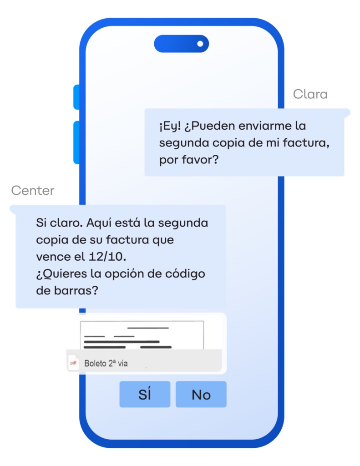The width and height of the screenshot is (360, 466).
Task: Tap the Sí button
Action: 145,394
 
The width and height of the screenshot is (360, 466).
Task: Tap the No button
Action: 201,394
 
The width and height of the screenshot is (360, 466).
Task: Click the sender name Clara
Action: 310,94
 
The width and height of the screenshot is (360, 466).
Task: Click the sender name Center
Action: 33,191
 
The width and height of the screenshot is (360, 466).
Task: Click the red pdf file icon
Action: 73,363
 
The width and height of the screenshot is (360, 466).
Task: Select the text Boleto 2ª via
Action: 106,363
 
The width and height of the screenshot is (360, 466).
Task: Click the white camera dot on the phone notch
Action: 200,44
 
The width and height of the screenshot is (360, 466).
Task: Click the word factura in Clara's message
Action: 306,143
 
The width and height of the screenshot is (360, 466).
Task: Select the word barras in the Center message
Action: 76,290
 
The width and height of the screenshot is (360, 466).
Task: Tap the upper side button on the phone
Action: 76,97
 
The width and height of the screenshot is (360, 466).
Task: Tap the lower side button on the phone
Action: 76,142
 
